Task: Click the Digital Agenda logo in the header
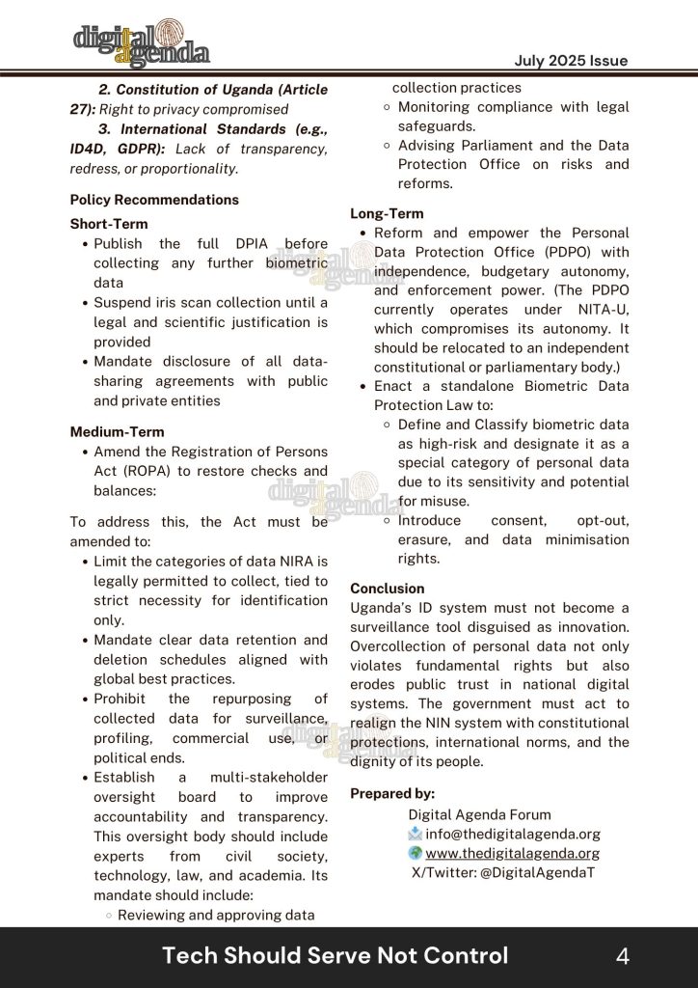141,42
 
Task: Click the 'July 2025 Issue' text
571,61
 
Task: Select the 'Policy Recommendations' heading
154,200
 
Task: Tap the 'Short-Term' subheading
109,224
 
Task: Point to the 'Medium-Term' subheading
117,432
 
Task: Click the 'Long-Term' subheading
387,213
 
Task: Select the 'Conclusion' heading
387,588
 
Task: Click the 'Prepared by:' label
392,793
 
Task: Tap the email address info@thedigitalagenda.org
513,834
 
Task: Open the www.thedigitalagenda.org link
513,853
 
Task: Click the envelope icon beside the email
416,834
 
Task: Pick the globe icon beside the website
416,853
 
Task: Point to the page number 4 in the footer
623,956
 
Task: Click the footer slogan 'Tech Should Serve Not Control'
335,956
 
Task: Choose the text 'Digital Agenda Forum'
479,814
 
